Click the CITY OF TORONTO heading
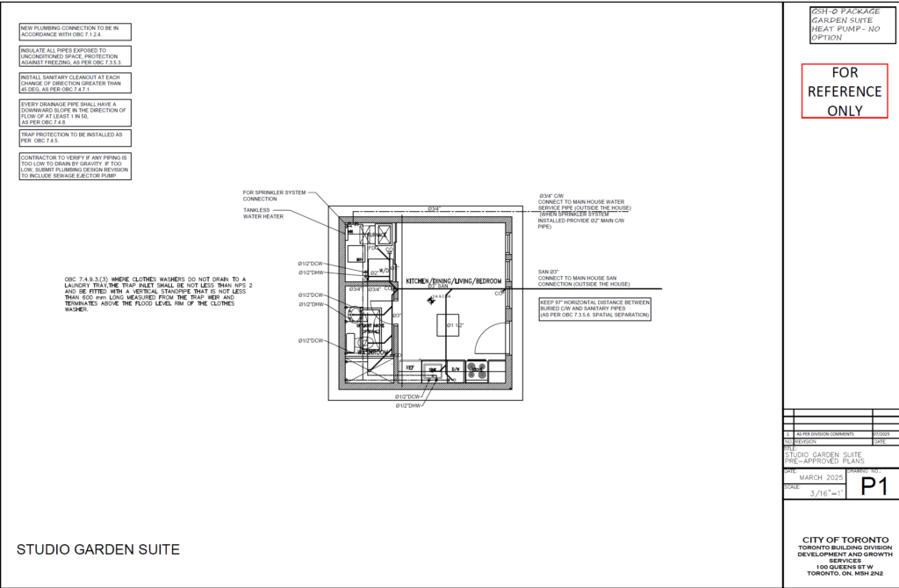point(844,540)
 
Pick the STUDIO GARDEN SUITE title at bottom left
point(98,550)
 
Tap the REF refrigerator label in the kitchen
point(409,368)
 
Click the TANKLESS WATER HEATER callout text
point(264,214)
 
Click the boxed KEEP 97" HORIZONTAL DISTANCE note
point(593,309)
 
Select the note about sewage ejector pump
point(75,166)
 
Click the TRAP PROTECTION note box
point(75,138)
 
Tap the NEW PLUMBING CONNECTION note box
point(75,32)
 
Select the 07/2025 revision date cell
point(883,434)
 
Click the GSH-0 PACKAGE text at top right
point(844,11)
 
